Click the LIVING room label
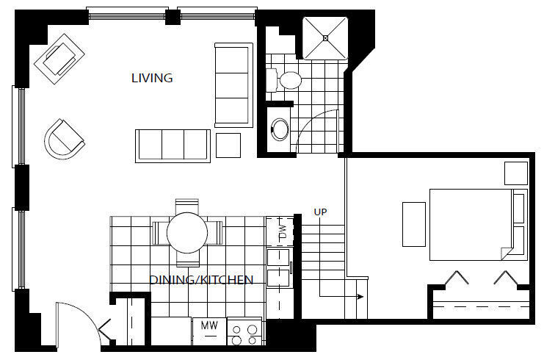tap(152, 78)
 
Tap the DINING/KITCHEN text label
tap(202, 280)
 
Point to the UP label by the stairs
tap(320, 212)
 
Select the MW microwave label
tap(208, 324)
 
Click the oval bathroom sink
tap(280, 130)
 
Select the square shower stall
tap(324, 37)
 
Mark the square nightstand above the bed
tap(515, 173)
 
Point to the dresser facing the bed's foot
tap(413, 223)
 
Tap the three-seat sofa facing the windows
tap(173, 144)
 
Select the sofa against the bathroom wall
tap(233, 84)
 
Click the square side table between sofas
tap(228, 145)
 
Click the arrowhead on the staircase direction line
tap(360, 297)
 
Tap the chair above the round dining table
tap(187, 206)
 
